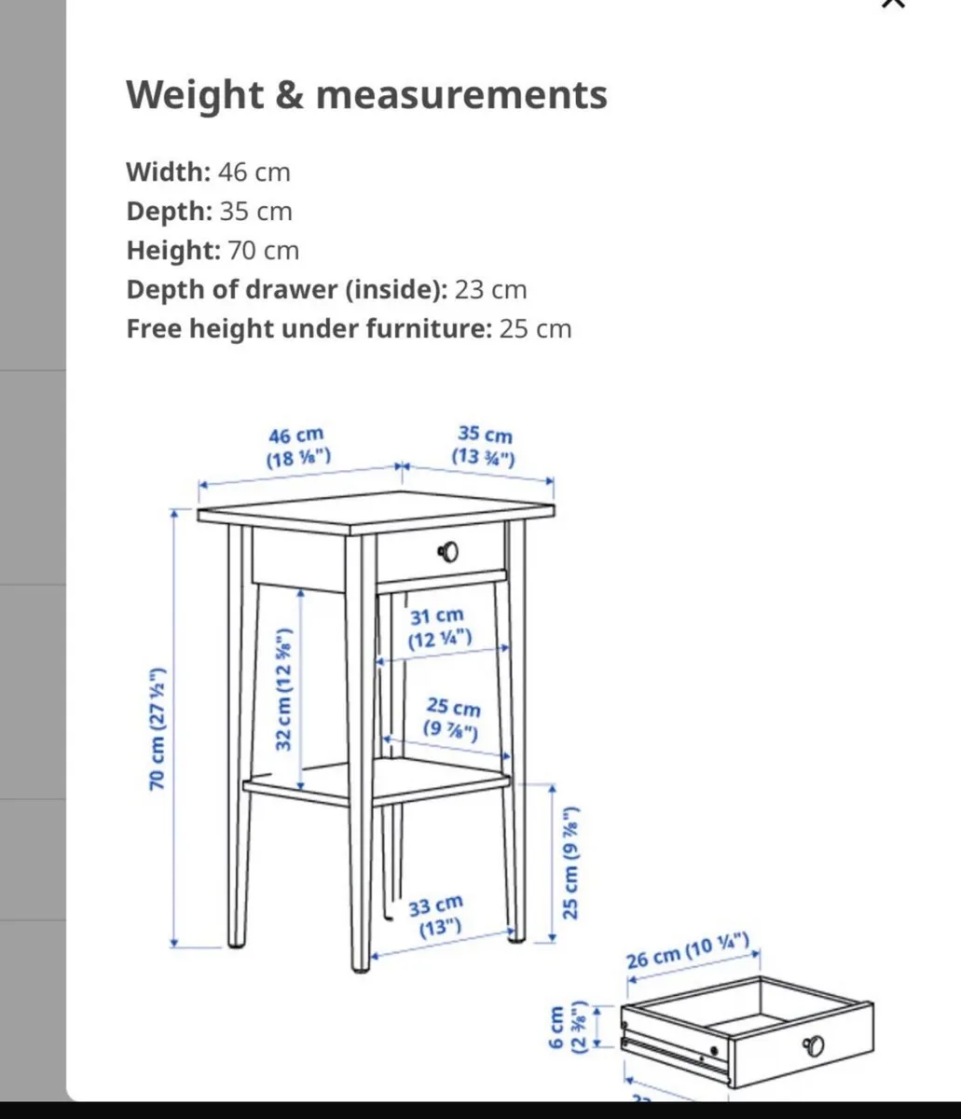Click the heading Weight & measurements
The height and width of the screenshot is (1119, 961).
click(x=366, y=95)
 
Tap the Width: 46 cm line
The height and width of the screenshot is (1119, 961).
click(x=208, y=173)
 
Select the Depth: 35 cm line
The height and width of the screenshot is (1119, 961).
click(x=209, y=212)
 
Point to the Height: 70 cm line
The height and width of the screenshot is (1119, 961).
click(x=213, y=251)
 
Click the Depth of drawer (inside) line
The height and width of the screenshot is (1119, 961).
click(x=326, y=290)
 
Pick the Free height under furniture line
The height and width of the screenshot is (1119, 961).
click(x=349, y=329)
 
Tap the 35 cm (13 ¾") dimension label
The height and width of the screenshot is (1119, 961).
click(x=484, y=446)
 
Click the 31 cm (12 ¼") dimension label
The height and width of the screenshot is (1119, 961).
click(x=438, y=628)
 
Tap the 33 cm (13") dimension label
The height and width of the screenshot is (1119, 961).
click(x=435, y=916)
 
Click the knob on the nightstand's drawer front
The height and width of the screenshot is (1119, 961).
click(x=448, y=552)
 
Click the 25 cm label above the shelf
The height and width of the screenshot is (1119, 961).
click(x=453, y=719)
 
